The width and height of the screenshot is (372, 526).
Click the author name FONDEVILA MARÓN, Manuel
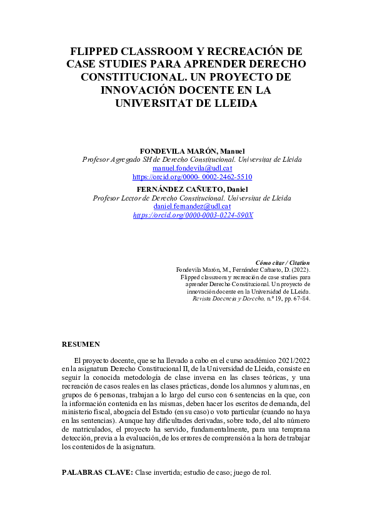191,151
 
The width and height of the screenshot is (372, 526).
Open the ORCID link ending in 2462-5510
192,177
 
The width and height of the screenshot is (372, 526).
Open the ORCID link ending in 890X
193,215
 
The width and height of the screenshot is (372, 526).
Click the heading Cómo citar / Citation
283,263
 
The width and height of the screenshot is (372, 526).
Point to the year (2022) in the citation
299,270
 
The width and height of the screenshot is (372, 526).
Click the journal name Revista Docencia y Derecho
223,299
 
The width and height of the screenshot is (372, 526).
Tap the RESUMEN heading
81,345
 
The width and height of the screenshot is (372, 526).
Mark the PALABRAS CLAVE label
97,472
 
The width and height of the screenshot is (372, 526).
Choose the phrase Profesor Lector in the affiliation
117,198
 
